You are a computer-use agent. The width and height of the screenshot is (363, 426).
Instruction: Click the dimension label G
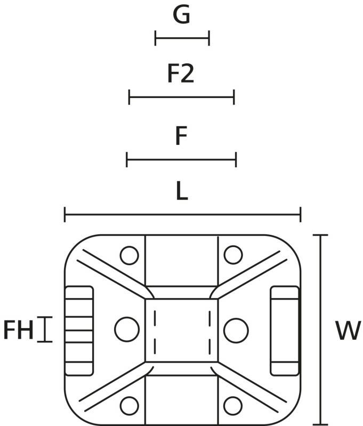[181, 15]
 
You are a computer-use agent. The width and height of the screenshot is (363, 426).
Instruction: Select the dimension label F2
[181, 75]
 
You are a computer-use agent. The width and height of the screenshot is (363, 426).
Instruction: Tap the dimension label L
[182, 192]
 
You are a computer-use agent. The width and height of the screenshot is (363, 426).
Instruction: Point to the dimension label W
[348, 331]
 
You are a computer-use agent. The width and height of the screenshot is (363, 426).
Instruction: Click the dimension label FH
[18, 330]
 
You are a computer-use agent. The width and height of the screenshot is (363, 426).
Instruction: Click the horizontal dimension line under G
[182, 38]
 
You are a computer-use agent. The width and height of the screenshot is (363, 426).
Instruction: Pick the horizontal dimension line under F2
[181, 97]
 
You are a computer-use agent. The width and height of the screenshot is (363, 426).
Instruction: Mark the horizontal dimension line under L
[182, 215]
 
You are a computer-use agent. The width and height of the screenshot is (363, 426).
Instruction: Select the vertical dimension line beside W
[320, 330]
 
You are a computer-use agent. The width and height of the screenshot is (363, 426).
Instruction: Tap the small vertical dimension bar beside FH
[45, 330]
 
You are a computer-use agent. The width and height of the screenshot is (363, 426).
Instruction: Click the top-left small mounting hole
[130, 255]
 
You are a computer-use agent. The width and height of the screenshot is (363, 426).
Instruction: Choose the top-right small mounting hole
[233, 255]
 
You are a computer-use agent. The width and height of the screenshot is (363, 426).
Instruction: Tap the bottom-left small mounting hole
[130, 406]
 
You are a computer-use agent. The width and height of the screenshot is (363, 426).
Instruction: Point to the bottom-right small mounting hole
[233, 406]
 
